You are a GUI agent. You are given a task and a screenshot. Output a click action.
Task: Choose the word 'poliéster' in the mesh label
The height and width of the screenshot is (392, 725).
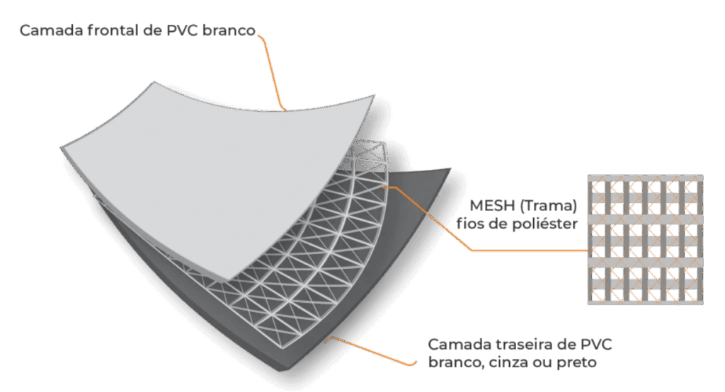pyautogui.click(x=547, y=225)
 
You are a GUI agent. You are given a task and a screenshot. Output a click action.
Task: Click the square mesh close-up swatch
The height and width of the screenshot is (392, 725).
pyautogui.click(x=645, y=239)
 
